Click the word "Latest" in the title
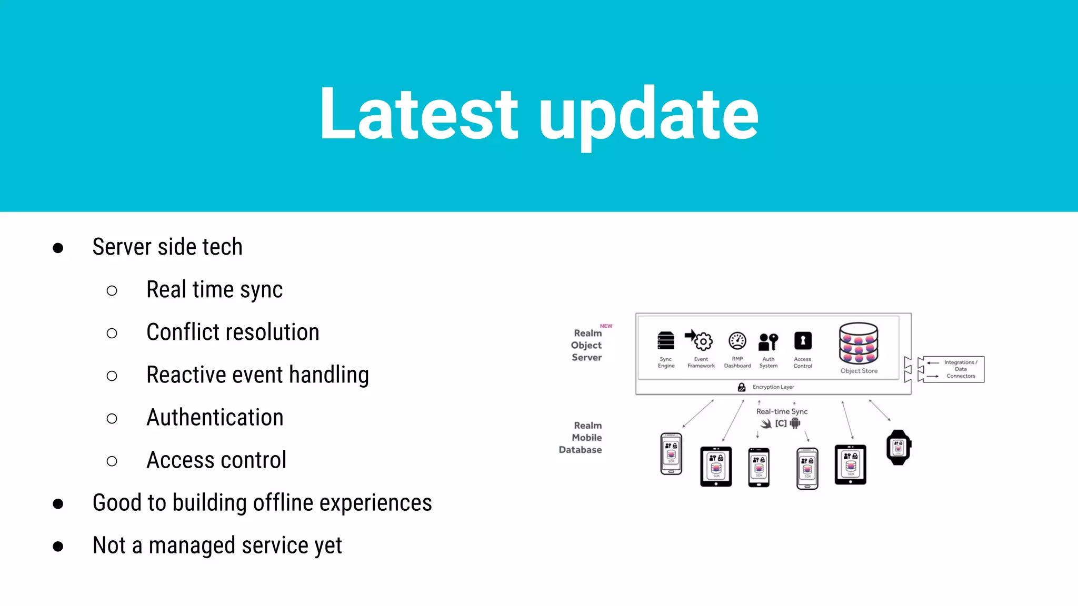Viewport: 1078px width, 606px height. click(x=418, y=114)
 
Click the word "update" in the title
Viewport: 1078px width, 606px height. click(x=648, y=117)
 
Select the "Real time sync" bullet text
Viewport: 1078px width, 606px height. click(x=214, y=290)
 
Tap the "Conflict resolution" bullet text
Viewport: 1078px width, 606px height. click(x=233, y=332)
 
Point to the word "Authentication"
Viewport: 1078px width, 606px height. click(x=215, y=418)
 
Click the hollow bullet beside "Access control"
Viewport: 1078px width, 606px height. click(x=112, y=461)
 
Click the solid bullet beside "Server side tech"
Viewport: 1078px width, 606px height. click(x=58, y=248)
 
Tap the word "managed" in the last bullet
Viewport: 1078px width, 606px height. click(x=192, y=546)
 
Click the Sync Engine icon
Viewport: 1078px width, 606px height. click(x=666, y=341)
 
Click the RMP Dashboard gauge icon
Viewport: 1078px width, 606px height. click(x=737, y=341)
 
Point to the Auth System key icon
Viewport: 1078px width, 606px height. click(x=768, y=342)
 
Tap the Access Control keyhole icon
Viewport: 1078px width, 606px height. click(x=803, y=341)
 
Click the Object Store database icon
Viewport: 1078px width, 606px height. click(x=859, y=343)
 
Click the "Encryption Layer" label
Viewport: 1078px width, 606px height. click(x=773, y=387)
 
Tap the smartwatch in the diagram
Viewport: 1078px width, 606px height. click(x=899, y=448)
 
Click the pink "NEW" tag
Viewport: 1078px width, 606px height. click(x=606, y=326)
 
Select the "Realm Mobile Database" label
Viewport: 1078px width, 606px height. click(x=581, y=438)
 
